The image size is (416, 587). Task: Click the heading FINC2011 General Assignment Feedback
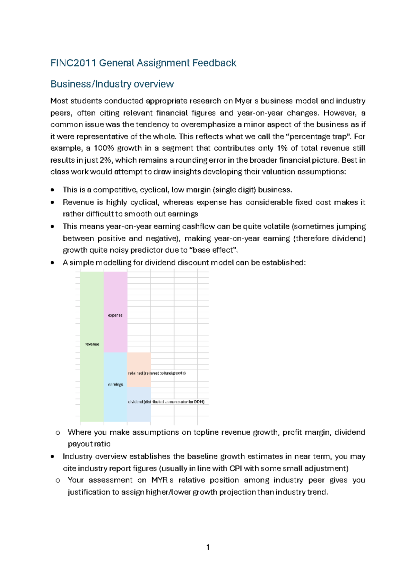point(143,63)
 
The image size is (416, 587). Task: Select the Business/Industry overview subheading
point(112,84)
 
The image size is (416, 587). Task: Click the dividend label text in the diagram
point(135,402)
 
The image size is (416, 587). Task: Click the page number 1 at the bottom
point(208,547)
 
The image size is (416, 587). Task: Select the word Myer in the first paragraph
point(243,101)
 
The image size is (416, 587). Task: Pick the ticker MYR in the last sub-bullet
point(159,480)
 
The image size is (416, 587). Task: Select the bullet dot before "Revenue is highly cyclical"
point(52,202)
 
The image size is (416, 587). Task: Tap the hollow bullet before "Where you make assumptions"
point(58,433)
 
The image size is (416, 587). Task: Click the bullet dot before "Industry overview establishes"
point(52,457)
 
